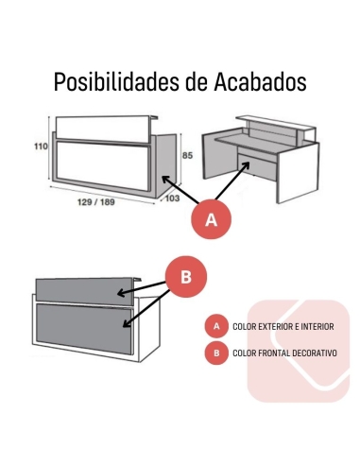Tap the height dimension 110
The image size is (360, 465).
tap(41, 147)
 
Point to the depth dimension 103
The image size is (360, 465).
tap(173, 198)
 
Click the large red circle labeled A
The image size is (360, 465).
tap(212, 219)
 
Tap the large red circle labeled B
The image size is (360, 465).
tap(186, 277)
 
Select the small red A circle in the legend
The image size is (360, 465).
tap(216, 326)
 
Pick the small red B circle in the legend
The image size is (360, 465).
tap(216, 353)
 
